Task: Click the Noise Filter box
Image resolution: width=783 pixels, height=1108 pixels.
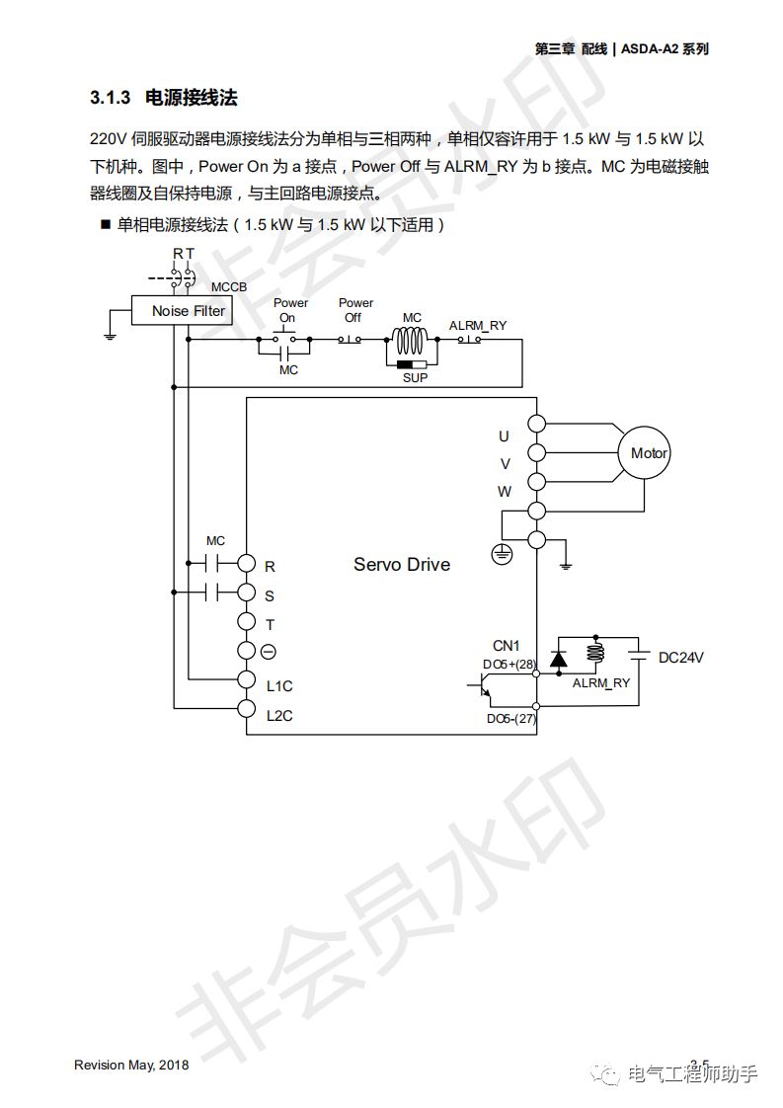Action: click(x=188, y=311)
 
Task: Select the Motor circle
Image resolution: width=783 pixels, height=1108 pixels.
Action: click(x=649, y=453)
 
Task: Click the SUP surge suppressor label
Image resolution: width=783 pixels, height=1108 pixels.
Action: click(x=415, y=378)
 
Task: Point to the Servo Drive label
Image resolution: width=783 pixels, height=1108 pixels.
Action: click(x=402, y=565)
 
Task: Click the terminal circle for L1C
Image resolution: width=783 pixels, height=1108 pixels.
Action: click(x=246, y=679)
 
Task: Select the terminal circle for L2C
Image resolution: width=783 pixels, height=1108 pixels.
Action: click(x=246, y=708)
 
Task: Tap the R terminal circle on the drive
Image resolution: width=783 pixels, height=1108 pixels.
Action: click(x=246, y=564)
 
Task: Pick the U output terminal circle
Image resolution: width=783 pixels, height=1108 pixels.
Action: click(x=536, y=424)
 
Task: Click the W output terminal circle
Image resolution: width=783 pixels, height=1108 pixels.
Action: click(x=536, y=481)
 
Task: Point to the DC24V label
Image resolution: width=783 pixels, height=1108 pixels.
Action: click(x=687, y=658)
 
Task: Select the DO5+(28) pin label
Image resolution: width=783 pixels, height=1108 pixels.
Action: click(x=509, y=665)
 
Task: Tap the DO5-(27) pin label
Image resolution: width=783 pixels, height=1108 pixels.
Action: click(x=510, y=719)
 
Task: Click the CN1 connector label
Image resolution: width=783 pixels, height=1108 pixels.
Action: click(x=506, y=646)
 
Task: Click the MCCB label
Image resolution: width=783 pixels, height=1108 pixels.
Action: click(x=229, y=287)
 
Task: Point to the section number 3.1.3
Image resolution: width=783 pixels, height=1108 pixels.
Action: click(x=111, y=98)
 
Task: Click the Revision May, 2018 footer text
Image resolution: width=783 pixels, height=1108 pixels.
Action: click(x=131, y=1065)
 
